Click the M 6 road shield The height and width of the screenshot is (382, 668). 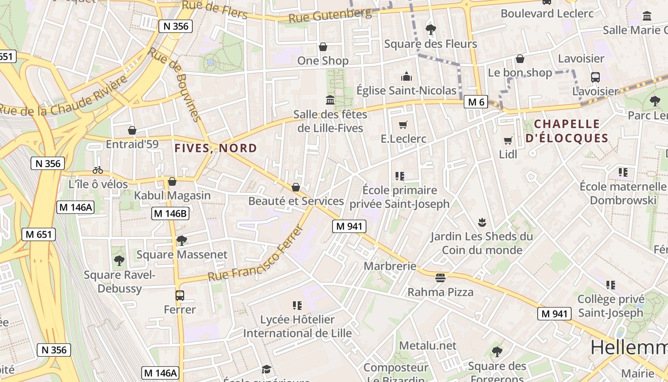[476, 102]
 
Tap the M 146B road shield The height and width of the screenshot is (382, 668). [170, 213]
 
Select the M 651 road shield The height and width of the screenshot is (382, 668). [39, 234]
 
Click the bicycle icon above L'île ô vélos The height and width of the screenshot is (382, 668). [98, 170]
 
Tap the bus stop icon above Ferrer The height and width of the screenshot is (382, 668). [180, 296]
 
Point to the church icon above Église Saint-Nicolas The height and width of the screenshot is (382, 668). [407, 76]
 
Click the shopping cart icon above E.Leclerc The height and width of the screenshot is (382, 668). [403, 125]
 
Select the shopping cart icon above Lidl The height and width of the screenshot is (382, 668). [508, 140]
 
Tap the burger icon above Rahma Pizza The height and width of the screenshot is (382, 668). [440, 278]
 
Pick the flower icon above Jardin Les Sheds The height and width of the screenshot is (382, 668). [481, 222]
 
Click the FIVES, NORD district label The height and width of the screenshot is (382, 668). [216, 148]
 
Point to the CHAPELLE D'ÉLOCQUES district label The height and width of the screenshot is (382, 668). [566, 131]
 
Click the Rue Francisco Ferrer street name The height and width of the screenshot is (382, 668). [256, 254]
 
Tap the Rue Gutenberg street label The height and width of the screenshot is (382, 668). [330, 15]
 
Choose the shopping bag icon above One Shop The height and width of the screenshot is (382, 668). [323, 47]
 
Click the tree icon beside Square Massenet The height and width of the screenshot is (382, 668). [181, 241]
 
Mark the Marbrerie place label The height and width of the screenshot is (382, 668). [390, 266]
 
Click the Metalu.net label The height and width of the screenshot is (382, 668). [428, 345]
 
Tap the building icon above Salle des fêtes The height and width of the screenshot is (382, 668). [330, 100]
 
